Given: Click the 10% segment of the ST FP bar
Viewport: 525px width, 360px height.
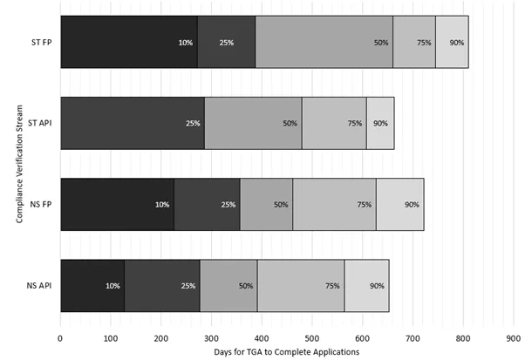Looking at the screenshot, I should [129, 42].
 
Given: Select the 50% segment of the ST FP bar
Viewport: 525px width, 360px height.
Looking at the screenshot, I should [324, 42].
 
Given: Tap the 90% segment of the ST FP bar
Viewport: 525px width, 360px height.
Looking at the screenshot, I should [452, 42].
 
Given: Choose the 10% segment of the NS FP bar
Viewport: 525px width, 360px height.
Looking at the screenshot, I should [117, 205].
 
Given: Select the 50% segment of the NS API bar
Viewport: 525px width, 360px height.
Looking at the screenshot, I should [228, 286].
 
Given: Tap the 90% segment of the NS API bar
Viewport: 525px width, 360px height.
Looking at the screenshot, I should [366, 286].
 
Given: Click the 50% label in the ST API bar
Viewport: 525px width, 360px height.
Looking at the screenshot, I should [290, 124].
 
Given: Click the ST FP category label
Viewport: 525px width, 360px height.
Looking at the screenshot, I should [39, 42].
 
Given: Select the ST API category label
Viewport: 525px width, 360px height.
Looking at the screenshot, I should [39, 123].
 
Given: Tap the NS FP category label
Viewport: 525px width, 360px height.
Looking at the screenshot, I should [39, 205].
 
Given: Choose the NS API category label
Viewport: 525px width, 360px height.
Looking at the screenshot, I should [39, 286].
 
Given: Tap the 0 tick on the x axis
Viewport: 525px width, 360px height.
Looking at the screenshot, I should [60, 334].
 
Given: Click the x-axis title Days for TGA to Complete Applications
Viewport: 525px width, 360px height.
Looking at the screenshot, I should [286, 350].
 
